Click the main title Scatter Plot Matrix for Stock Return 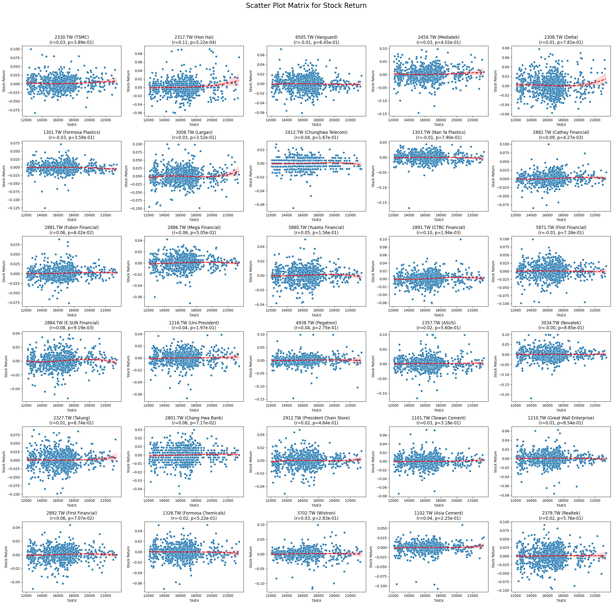click(x=306, y=6)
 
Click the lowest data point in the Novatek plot click(x=531, y=398)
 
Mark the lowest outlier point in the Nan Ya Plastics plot click(x=409, y=208)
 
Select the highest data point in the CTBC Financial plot click(x=461, y=240)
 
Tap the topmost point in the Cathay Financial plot click(x=548, y=144)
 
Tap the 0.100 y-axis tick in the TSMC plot click(x=15, y=49)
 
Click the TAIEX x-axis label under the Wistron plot click(x=316, y=601)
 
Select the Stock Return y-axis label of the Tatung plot click(x=4, y=462)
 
